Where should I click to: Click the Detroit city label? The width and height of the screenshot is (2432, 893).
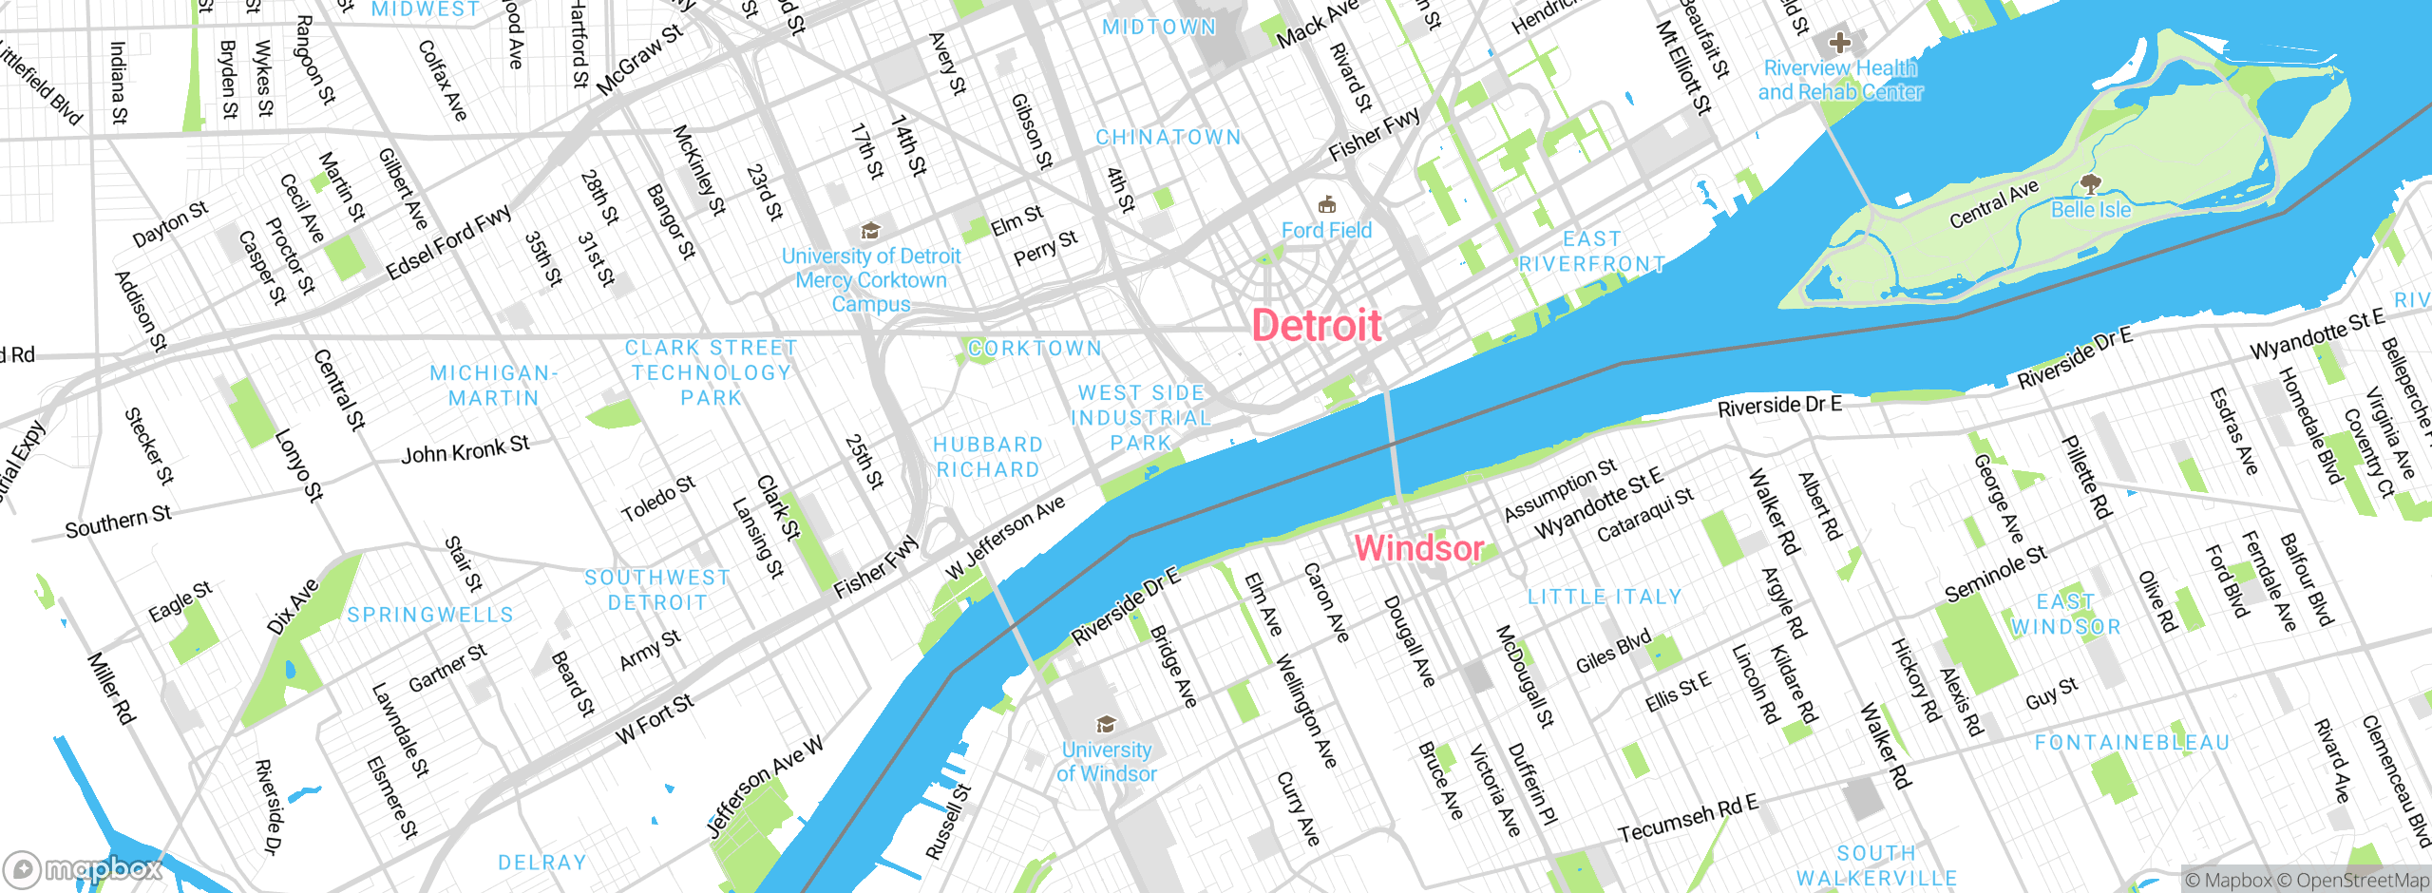coord(1317,326)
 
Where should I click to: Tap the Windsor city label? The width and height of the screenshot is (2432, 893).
coord(1418,548)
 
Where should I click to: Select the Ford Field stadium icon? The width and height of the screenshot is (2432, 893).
coord(1327,204)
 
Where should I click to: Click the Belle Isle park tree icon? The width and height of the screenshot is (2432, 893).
coord(2089,182)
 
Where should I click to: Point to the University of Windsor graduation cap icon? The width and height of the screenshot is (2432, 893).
coord(1106,725)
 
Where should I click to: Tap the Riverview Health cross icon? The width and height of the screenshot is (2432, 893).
coord(1840,42)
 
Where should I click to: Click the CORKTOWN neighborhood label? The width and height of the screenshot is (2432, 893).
coord(1035,349)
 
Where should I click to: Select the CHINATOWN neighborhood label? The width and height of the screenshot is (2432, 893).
coord(1168,138)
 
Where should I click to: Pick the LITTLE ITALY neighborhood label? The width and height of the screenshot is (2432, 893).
coord(1605,598)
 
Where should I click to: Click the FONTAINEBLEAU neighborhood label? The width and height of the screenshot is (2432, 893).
coord(2132,743)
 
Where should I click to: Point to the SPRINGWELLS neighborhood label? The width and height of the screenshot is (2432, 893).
coord(430,616)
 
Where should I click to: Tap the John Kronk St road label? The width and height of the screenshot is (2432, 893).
coord(465,449)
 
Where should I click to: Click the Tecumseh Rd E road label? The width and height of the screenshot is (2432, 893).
coord(1688,819)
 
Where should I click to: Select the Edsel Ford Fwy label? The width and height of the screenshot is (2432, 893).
coord(448,243)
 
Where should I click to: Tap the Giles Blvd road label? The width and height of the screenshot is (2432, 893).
coord(1613,653)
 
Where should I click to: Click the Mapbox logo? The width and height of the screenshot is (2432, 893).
coord(84,868)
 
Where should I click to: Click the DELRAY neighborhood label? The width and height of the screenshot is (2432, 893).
coord(542,863)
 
